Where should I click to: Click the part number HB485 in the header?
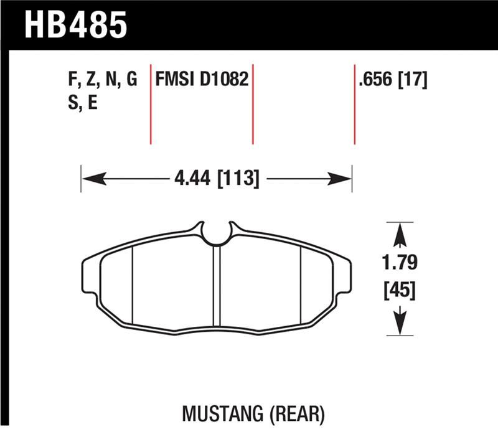[x=75, y=25]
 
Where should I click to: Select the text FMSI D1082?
[x=202, y=80]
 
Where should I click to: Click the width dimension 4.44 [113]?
[x=217, y=179]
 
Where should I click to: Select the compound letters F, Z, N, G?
[x=101, y=80]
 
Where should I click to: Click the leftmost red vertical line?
[x=151, y=103]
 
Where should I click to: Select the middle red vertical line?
[x=253, y=103]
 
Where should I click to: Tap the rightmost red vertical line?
[x=354, y=103]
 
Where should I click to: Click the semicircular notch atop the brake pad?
[x=217, y=233]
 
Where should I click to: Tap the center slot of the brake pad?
[x=217, y=286]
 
